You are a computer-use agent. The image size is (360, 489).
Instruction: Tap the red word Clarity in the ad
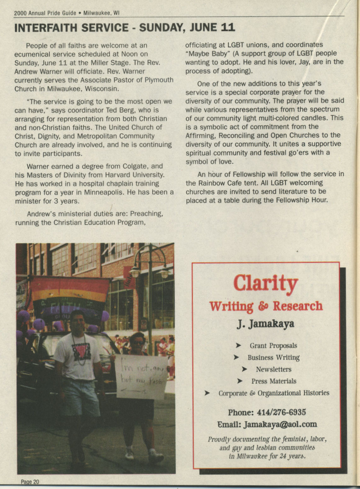tap(265, 283)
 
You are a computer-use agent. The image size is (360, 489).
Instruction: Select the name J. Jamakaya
tap(266, 324)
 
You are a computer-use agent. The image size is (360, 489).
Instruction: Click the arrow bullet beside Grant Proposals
tap(239, 346)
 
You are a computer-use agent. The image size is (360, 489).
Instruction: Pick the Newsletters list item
tap(273, 369)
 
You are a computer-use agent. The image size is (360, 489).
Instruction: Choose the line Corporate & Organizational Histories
tap(274, 393)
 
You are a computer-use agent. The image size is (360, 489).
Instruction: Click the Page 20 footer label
tap(30, 482)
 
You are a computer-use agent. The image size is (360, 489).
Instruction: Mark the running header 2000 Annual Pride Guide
tap(45, 13)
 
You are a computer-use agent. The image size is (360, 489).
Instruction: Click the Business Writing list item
tap(273, 357)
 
